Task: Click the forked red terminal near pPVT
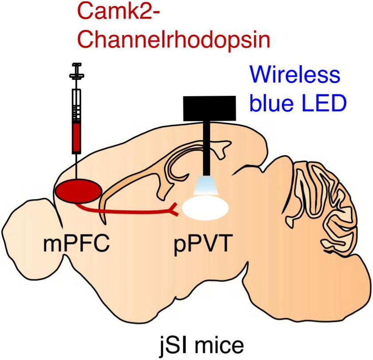(175, 211)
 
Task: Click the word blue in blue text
(271, 104)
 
